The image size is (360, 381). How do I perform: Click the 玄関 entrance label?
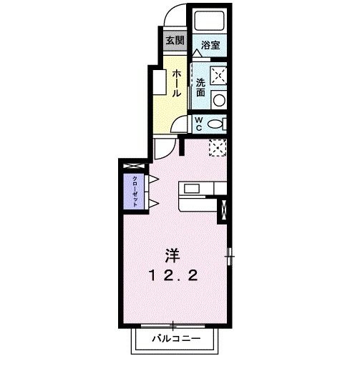175,40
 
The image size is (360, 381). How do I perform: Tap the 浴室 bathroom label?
210,45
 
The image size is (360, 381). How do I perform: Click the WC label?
200,123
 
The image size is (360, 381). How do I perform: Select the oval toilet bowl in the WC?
217,124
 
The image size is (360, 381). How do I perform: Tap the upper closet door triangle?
152,178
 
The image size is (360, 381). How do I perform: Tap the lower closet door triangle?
152,204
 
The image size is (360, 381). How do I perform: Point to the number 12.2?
173,275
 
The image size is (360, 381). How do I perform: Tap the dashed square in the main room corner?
218,148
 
